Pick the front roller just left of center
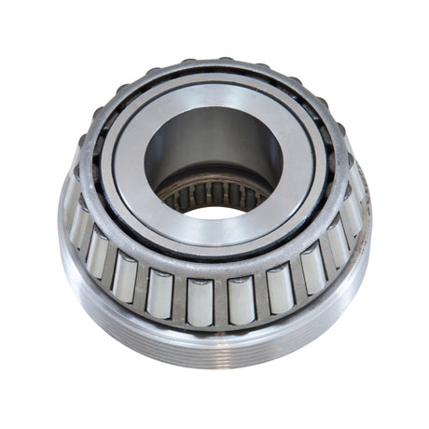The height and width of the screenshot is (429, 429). (x=198, y=301)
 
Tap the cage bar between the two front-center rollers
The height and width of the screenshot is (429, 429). (x=219, y=301)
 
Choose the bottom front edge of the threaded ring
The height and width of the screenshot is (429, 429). (x=214, y=367)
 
